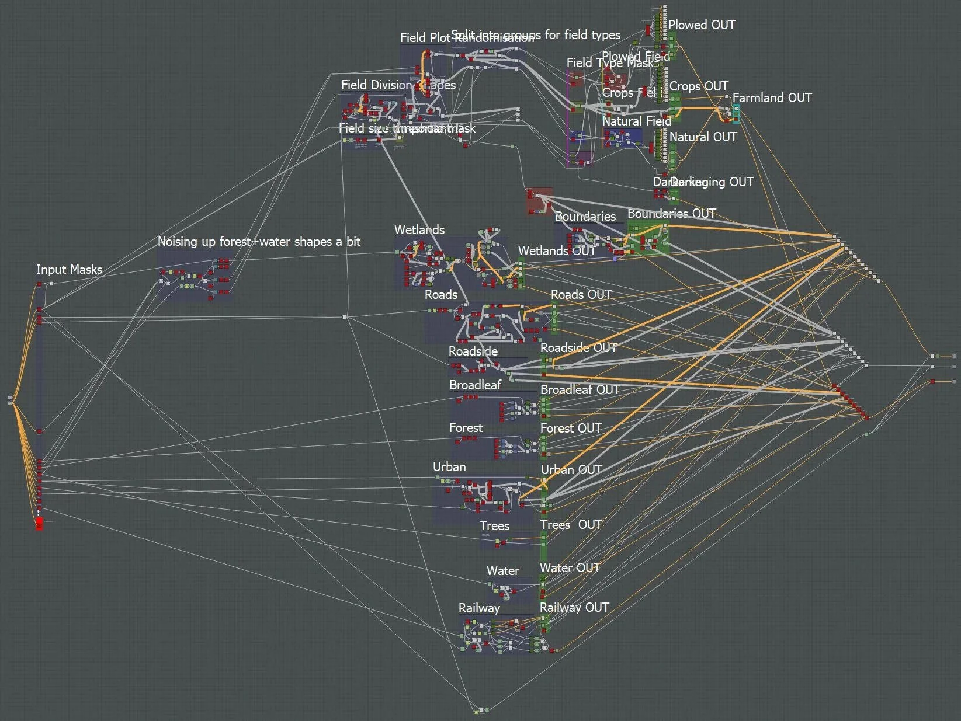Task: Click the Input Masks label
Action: tap(69, 270)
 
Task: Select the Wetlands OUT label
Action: tap(556, 251)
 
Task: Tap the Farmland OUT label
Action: tap(772, 98)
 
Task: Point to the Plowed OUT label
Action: tap(702, 25)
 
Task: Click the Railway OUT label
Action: tap(574, 608)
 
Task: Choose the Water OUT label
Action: tap(570, 568)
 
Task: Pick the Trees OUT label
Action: tap(571, 525)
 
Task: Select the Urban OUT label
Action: tap(571, 470)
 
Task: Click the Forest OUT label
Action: tap(571, 429)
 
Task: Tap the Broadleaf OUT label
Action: tap(579, 390)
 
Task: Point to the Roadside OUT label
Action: tap(578, 348)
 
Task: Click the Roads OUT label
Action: tap(581, 295)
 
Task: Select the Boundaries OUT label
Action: tap(671, 214)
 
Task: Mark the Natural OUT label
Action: tap(703, 137)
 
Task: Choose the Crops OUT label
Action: tap(699, 86)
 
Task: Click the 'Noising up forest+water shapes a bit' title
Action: tap(259, 242)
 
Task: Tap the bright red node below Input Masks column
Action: tap(39, 523)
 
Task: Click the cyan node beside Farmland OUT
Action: tap(736, 114)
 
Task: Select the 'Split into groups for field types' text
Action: tap(536, 35)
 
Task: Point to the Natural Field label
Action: tap(636, 121)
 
